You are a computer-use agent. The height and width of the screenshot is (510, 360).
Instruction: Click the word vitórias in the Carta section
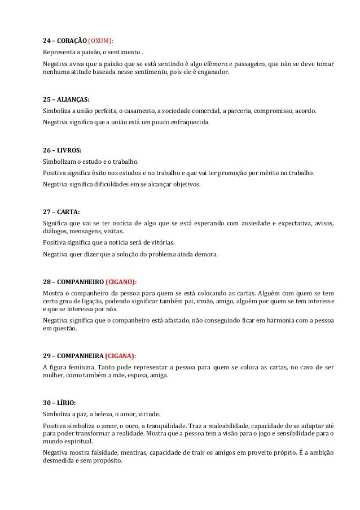159,243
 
